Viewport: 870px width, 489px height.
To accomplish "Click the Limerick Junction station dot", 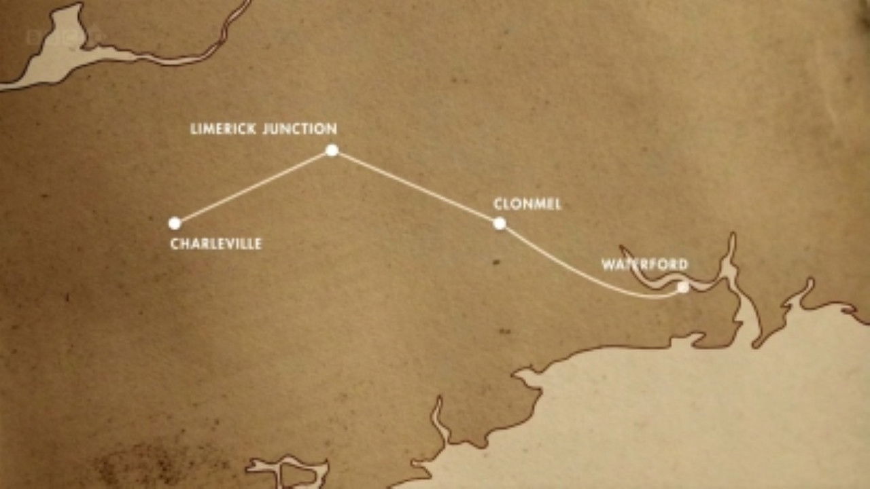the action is [x=332, y=150].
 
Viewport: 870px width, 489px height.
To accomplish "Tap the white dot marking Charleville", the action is [x=175, y=223].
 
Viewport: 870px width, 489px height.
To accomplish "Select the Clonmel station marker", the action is [x=500, y=223].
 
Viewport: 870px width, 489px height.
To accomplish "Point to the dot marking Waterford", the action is [x=682, y=287].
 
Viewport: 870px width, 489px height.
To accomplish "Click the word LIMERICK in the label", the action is [x=222, y=129].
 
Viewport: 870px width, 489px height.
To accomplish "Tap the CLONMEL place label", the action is [x=527, y=204].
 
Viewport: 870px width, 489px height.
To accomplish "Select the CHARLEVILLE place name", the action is [x=216, y=244].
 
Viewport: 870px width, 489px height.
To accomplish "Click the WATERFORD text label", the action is [x=644, y=265].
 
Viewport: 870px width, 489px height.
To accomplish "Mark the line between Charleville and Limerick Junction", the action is [x=253, y=187].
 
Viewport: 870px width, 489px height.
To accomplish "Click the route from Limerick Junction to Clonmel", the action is [x=415, y=186].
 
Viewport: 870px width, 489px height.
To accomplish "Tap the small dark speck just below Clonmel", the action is [x=495, y=261].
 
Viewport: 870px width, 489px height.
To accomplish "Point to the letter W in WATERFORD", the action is [x=608, y=265].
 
